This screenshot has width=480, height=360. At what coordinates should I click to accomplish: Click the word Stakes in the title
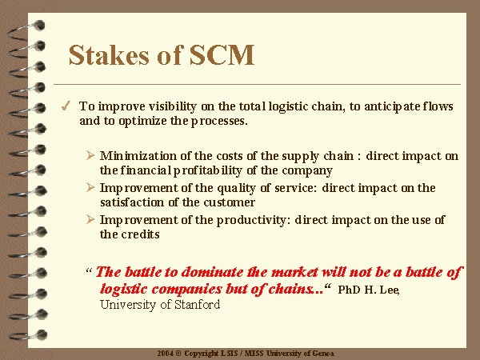pos(109,54)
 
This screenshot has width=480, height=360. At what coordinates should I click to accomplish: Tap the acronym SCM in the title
pos(222,54)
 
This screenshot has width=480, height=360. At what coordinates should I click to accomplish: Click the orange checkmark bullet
pos(66,106)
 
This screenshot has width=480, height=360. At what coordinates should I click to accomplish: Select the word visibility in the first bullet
pos(173,107)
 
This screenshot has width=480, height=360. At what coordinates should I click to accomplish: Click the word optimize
pos(143,122)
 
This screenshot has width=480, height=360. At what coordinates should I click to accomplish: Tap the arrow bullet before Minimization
pos(90,155)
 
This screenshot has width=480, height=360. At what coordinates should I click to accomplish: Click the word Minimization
pos(138,156)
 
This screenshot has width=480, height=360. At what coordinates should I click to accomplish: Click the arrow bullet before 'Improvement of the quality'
pos(90,187)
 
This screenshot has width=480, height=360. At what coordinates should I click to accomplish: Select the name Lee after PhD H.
pos(390,290)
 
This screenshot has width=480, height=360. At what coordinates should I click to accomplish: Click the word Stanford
pos(197,305)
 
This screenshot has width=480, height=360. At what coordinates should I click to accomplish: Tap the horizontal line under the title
pos(257,84)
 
